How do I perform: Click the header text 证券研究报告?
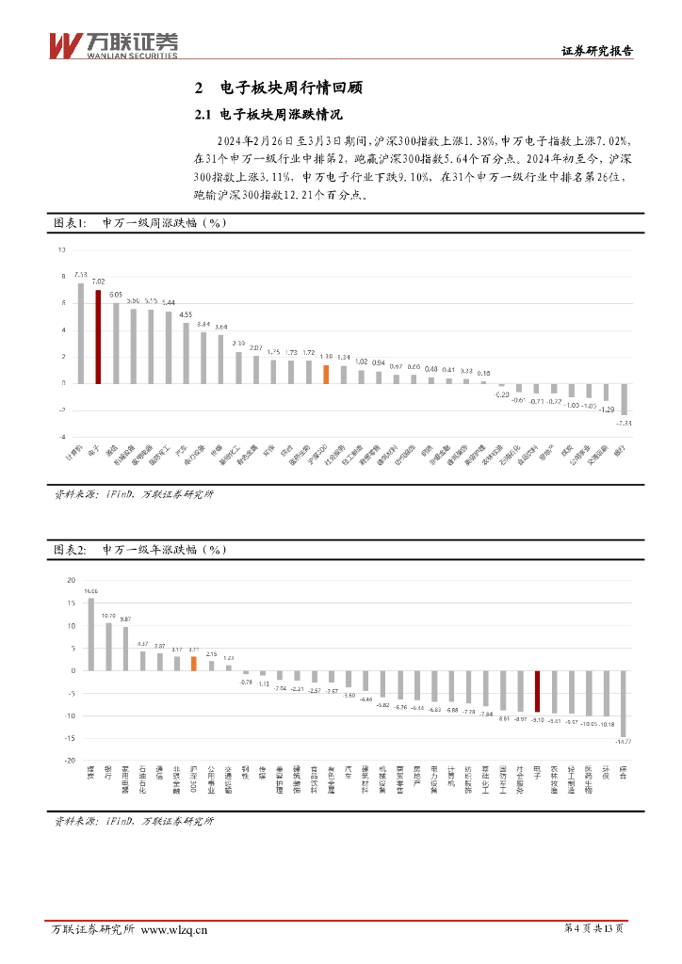coord(597,52)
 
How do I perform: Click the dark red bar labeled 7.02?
coord(98,336)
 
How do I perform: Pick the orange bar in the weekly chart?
coord(326,374)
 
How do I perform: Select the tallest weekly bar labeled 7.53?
coord(80,333)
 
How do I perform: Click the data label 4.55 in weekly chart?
coord(186,314)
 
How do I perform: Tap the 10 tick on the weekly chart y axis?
coord(62,250)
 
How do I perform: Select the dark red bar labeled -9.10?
coord(537,691)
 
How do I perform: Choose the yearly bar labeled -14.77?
coord(623,703)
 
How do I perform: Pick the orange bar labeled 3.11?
coord(193,663)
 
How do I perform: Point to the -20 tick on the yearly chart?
coord(69,761)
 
